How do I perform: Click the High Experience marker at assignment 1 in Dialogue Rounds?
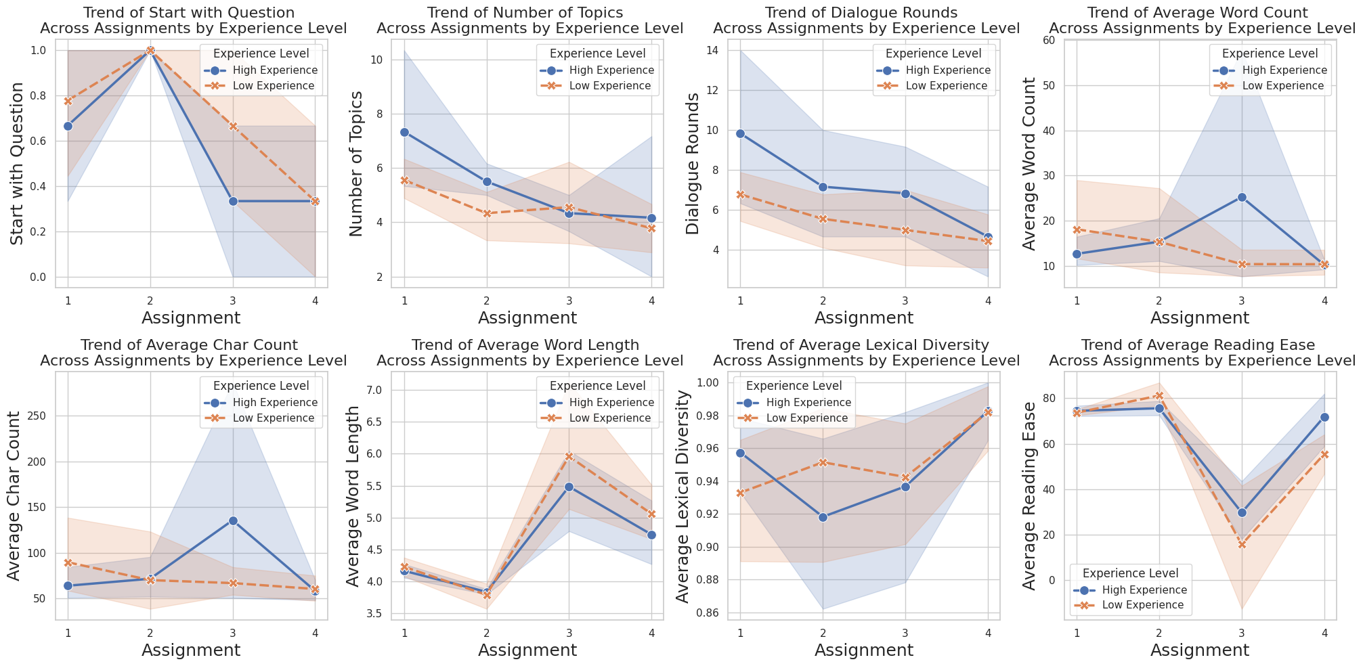point(740,133)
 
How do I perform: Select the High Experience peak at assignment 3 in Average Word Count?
point(1242,198)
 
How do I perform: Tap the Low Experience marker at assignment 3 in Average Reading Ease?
point(1242,544)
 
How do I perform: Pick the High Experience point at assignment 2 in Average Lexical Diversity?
point(823,517)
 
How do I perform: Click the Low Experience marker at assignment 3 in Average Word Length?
point(569,456)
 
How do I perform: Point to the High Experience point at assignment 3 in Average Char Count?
point(233,520)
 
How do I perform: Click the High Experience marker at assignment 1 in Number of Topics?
point(404,132)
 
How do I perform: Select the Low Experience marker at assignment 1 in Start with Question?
point(68,101)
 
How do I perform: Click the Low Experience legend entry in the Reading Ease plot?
point(1143,605)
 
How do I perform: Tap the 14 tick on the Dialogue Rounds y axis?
point(712,51)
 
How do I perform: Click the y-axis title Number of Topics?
point(357,163)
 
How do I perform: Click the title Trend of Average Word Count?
point(1198,13)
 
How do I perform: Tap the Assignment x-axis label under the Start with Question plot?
point(191,317)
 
